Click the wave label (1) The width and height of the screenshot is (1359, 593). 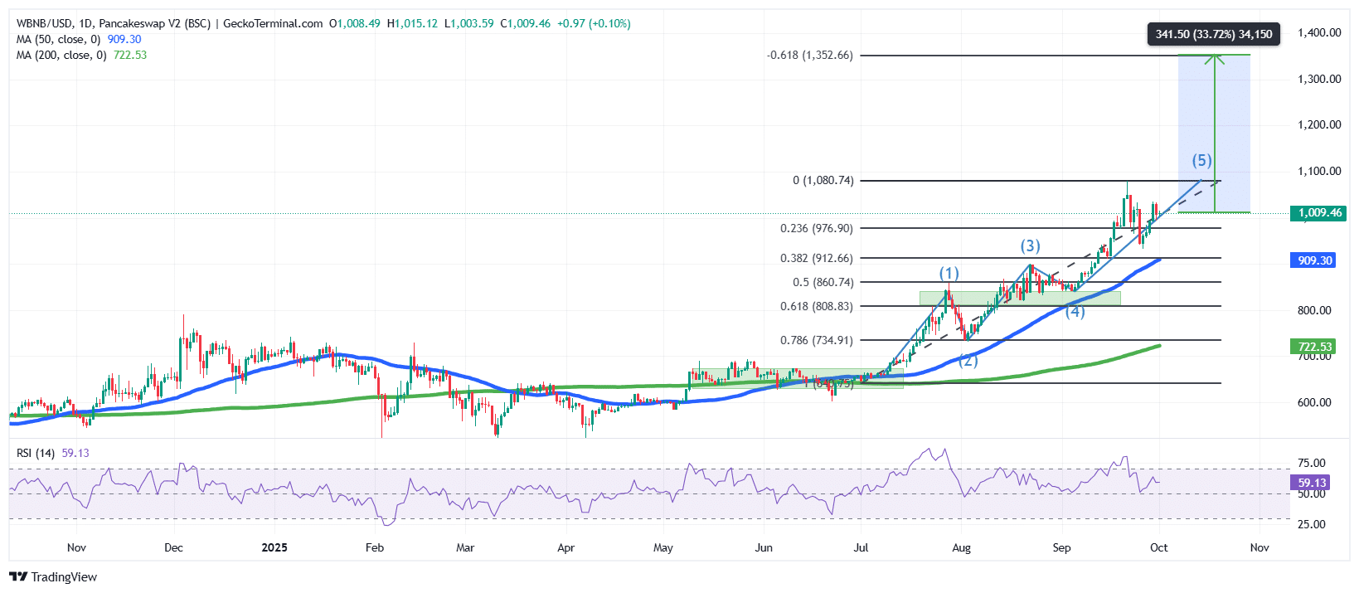click(949, 273)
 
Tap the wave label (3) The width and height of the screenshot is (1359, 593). click(1030, 245)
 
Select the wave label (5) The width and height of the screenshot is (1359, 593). click(1201, 160)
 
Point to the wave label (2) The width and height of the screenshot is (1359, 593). click(968, 360)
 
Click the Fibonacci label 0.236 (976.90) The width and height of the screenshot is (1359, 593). click(816, 228)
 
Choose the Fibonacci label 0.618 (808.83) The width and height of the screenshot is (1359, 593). click(816, 306)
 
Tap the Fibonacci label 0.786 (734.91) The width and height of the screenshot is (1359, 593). click(816, 340)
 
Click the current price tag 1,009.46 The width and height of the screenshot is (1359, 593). click(1319, 213)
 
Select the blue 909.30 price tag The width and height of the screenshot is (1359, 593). click(1314, 260)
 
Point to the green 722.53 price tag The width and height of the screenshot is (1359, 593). click(1314, 347)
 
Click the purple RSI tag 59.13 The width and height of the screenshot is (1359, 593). click(1312, 483)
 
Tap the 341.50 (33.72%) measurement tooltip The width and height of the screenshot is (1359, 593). click(1213, 34)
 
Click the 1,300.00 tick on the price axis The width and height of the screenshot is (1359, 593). click(1318, 79)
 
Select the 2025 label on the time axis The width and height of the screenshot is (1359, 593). click(274, 547)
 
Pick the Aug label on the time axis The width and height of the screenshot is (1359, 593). click(961, 547)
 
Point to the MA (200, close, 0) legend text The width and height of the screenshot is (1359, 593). click(61, 55)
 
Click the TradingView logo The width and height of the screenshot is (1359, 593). click(53, 576)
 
